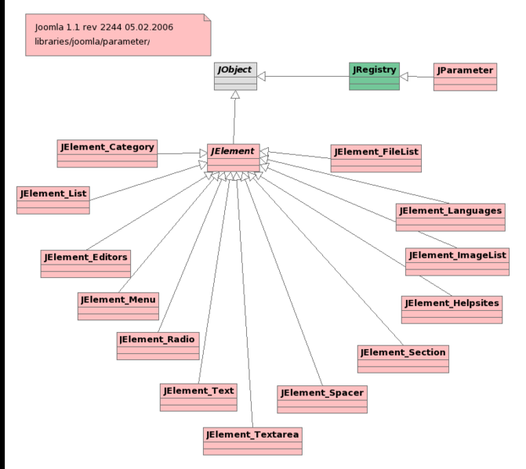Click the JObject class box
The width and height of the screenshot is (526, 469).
[235, 76]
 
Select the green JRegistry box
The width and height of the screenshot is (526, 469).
[373, 76]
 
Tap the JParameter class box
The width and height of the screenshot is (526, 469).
[465, 76]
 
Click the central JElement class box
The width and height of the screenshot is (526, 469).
[233, 157]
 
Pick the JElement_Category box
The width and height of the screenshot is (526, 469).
[107, 153]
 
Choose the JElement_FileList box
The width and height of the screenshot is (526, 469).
[377, 157]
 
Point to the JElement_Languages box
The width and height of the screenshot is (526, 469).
[450, 217]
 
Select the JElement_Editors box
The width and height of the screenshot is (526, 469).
[85, 263]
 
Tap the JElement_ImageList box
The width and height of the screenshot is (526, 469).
[457, 262]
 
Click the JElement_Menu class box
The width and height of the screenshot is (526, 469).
[118, 306]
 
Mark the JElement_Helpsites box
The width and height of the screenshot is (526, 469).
[451, 309]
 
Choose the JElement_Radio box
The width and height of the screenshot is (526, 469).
[158, 345]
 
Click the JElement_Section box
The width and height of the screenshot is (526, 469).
[403, 359]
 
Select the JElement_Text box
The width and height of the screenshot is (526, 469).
[198, 396]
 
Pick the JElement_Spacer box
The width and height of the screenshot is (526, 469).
[321, 398]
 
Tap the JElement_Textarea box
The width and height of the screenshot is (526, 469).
[252, 440]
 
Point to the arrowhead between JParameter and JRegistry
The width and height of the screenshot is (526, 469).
[405, 77]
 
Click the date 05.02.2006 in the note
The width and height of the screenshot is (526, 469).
[145, 27]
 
